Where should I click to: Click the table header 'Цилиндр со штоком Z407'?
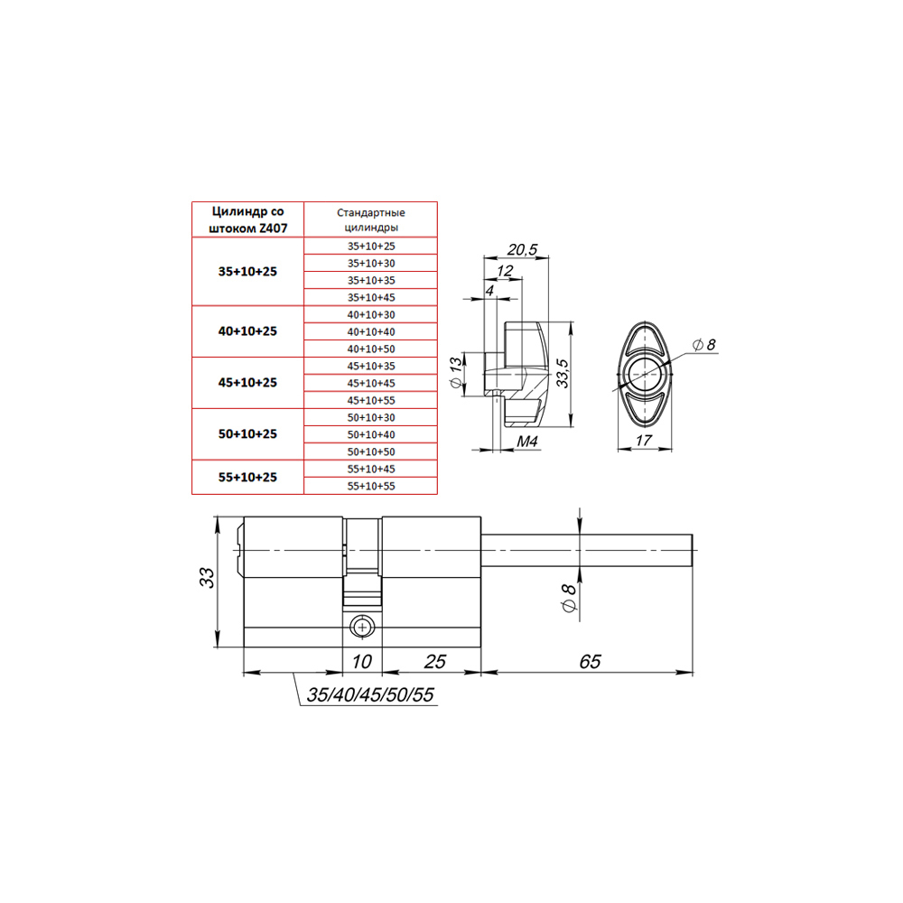tap(247, 220)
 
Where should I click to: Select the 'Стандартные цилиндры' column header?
tap(371, 220)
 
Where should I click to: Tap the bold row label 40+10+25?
tap(247, 331)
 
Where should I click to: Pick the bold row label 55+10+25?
tap(247, 477)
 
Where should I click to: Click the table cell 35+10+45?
tap(371, 297)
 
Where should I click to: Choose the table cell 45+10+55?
tap(371, 400)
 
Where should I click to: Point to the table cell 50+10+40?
tap(371, 434)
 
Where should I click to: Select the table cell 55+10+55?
tap(371, 486)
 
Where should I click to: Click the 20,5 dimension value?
tap(522, 249)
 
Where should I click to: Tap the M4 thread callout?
tap(527, 442)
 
